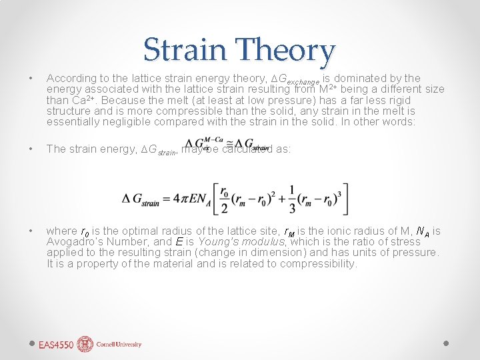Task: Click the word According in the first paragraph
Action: pyautogui.click(x=71, y=78)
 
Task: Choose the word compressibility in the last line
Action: pyautogui.click(x=317, y=263)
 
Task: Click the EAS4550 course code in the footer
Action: pyautogui.click(x=56, y=345)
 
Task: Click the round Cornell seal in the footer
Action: pyautogui.click(x=85, y=344)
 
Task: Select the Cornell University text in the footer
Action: pyautogui.click(x=119, y=345)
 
